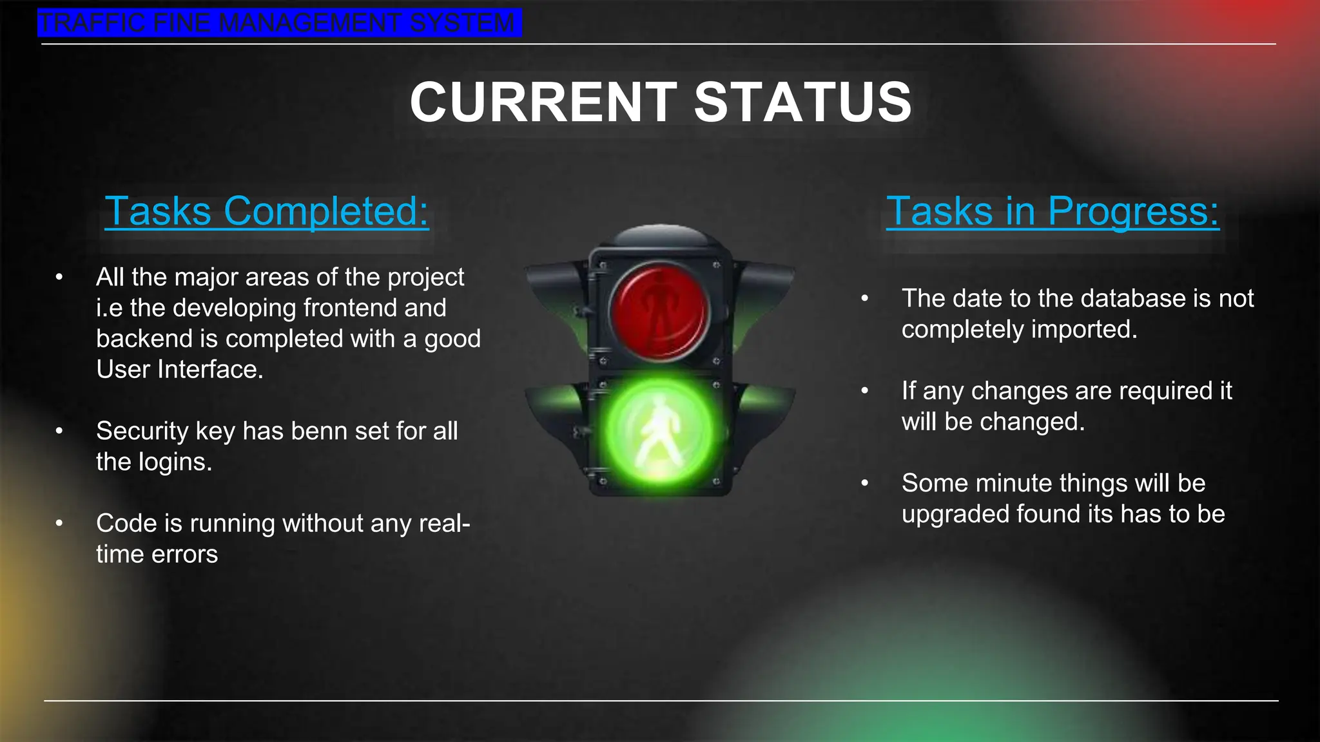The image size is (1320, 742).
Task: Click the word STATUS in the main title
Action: click(802, 102)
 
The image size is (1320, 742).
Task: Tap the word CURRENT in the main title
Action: click(543, 102)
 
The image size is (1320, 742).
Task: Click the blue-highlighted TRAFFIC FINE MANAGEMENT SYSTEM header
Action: click(278, 23)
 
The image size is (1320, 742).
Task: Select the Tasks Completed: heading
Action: click(266, 211)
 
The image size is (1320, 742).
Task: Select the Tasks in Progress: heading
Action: click(1052, 211)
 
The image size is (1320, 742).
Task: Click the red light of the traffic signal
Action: click(659, 310)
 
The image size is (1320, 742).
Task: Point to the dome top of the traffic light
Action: click(659, 235)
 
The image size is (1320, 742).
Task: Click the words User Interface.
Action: click(179, 370)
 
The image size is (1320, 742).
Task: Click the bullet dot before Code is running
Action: click(59, 523)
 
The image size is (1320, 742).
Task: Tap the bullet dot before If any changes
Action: click(865, 391)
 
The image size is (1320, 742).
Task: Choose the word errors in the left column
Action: click(184, 554)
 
